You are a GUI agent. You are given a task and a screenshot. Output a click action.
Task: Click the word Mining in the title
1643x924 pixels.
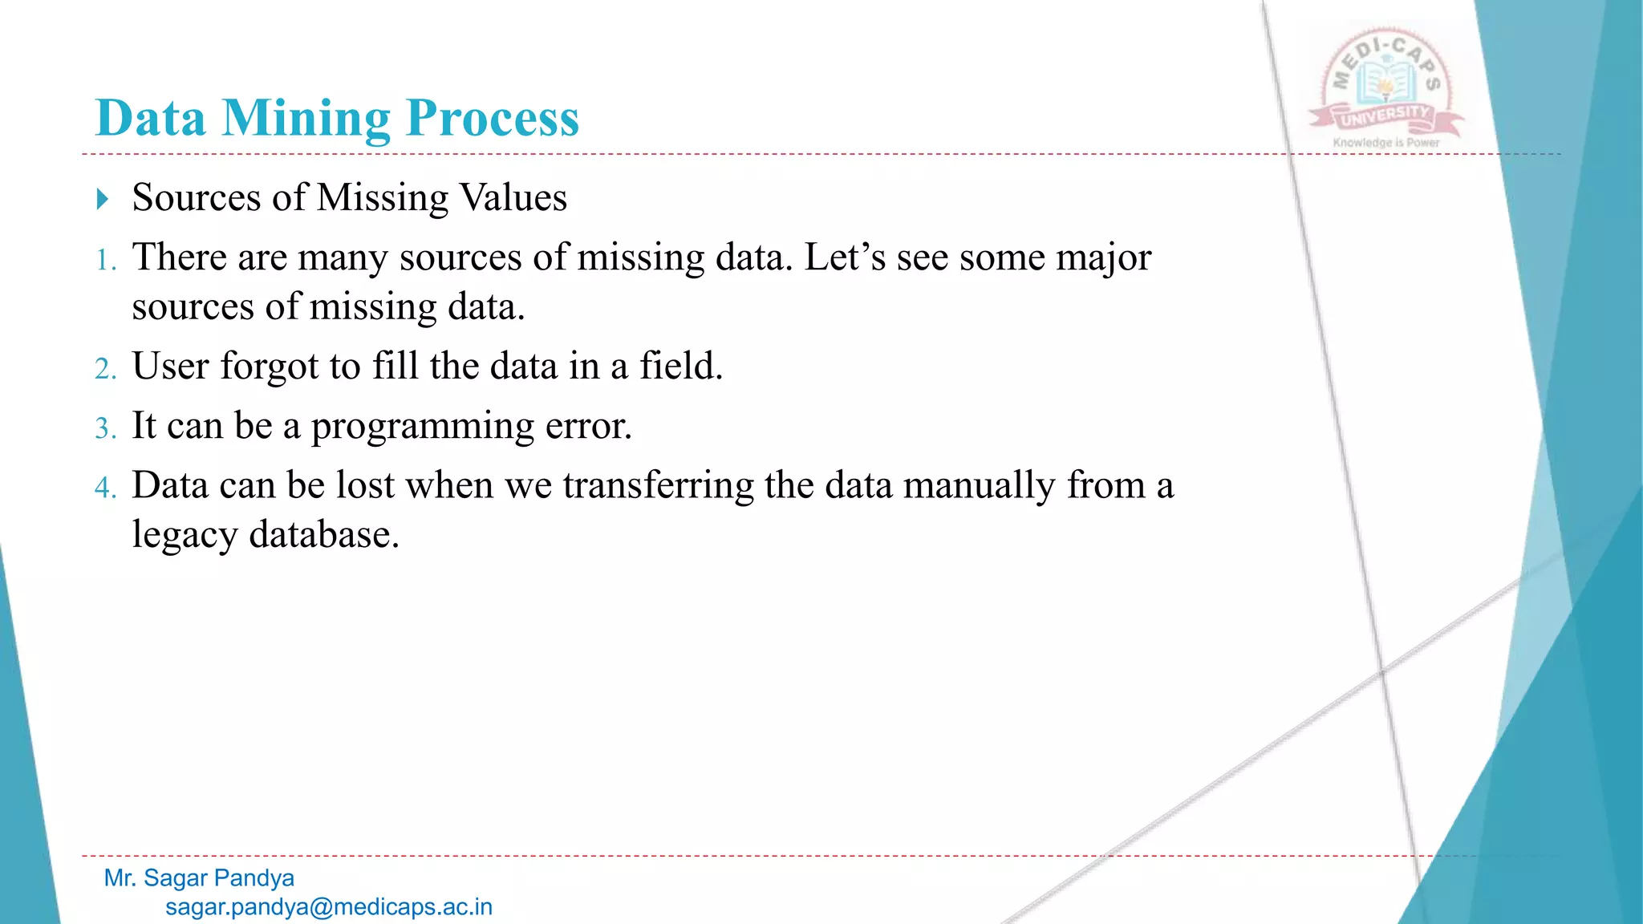point(306,119)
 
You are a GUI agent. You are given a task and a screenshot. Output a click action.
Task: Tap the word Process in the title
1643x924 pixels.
point(492,119)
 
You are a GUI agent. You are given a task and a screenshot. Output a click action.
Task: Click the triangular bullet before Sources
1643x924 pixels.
point(102,199)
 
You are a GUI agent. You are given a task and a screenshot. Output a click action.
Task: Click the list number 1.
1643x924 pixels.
point(105,261)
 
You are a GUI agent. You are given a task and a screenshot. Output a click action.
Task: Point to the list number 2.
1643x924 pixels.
point(105,369)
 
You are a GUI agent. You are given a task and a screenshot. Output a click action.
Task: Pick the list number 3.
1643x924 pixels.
point(105,428)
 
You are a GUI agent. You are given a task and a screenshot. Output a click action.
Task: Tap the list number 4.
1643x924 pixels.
point(105,488)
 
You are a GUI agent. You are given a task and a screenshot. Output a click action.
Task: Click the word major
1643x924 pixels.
point(1103,258)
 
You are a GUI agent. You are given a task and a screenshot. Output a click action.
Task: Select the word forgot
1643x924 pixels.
point(269,367)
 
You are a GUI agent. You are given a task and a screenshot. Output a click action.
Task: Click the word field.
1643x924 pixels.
point(680,367)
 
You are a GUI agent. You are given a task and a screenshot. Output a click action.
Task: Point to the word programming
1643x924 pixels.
point(423,427)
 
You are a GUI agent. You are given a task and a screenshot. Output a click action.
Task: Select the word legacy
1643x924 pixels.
point(185,535)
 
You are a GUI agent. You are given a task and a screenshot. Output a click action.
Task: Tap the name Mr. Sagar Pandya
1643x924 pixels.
point(199,878)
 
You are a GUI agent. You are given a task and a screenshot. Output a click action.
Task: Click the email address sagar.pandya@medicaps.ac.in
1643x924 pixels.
point(329,907)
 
